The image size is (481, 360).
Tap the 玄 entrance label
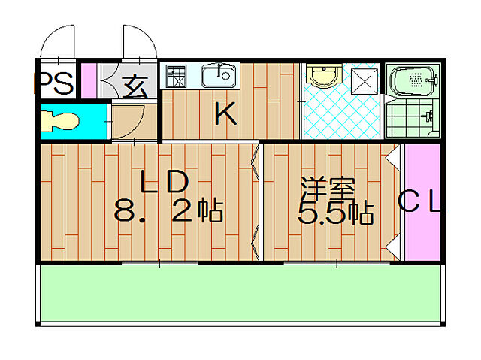click(x=135, y=87)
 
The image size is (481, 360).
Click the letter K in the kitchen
click(x=225, y=115)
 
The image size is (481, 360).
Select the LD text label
click(x=163, y=183)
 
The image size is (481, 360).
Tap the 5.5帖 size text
click(x=335, y=215)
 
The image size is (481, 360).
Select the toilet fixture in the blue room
click(x=61, y=121)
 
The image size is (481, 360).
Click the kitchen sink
click(x=218, y=76)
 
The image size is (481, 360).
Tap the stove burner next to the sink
click(x=175, y=77)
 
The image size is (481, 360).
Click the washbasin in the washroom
click(x=324, y=77)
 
